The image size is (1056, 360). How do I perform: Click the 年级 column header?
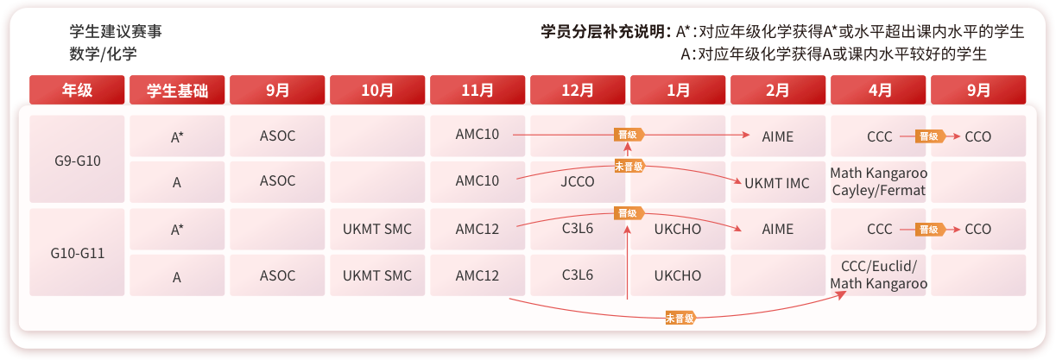(77, 90)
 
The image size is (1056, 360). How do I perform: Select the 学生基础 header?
(177, 90)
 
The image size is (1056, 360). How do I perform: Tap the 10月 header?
(377, 90)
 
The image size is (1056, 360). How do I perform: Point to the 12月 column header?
(578, 90)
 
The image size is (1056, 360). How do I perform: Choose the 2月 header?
(778, 90)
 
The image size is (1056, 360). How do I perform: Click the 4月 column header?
(878, 90)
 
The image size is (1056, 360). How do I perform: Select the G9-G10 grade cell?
(77, 160)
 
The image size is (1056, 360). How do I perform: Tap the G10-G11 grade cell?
(77, 253)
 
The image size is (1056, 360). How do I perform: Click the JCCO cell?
(578, 181)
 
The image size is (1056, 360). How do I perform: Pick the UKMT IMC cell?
(778, 182)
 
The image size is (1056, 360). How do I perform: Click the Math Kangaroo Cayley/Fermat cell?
(878, 181)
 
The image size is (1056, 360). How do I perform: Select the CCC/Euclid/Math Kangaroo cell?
(878, 274)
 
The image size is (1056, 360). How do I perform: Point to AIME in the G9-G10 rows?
(778, 136)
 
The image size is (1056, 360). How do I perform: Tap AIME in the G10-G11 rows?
(778, 230)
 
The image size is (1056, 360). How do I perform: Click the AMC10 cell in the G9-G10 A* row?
(477, 135)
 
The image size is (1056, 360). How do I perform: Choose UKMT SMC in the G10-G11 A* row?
(377, 230)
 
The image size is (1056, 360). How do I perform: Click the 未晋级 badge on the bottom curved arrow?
(680, 319)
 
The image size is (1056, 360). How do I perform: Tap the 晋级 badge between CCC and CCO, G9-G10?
(928, 136)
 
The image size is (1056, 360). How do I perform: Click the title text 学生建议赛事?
(116, 32)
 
